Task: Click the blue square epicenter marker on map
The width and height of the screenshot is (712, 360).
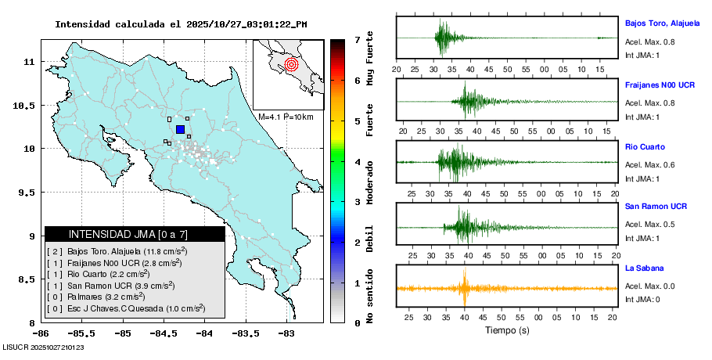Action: (180, 129)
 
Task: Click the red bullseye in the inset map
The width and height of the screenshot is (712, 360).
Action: (291, 64)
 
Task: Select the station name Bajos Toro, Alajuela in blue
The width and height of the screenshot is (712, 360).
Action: (662, 23)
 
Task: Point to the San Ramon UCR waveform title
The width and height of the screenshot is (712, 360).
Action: (656, 207)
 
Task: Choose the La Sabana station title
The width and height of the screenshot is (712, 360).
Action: (643, 268)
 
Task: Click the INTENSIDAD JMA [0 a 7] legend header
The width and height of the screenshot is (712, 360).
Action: (135, 234)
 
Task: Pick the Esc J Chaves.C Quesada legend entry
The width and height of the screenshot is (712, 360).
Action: (125, 309)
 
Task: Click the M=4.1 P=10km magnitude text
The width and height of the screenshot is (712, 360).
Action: (286, 117)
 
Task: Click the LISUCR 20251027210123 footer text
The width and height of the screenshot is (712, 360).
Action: (43, 347)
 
